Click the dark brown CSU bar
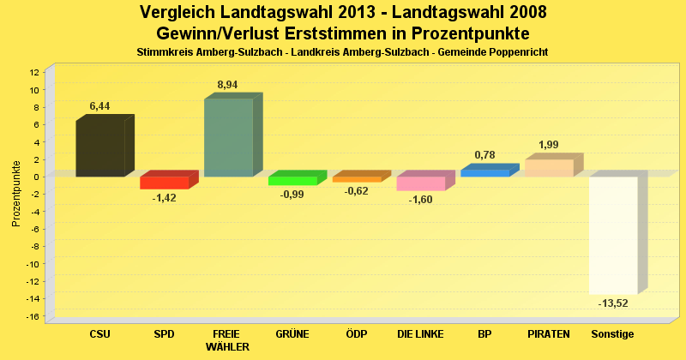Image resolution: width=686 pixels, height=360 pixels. (100, 148)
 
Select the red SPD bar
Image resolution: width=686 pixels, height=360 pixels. (164, 183)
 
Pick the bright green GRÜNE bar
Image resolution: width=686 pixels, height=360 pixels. (292, 181)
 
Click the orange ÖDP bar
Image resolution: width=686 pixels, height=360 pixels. (357, 179)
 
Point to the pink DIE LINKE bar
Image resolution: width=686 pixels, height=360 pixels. (420, 183)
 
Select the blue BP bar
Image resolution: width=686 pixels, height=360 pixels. (484, 173)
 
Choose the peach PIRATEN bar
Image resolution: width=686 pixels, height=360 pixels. (549, 168)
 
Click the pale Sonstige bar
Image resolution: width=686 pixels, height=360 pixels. (613, 235)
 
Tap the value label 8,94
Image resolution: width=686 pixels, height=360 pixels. (228, 85)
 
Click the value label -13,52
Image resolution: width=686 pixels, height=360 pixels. (612, 303)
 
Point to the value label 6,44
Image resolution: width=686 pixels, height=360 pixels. (100, 106)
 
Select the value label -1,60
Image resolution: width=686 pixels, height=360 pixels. (420, 200)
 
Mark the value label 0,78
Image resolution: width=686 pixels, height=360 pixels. (484, 155)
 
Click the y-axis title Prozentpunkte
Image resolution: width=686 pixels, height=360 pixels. (15, 193)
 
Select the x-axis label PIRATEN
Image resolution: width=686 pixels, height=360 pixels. (549, 333)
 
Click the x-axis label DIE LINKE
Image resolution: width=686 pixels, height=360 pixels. (420, 333)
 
